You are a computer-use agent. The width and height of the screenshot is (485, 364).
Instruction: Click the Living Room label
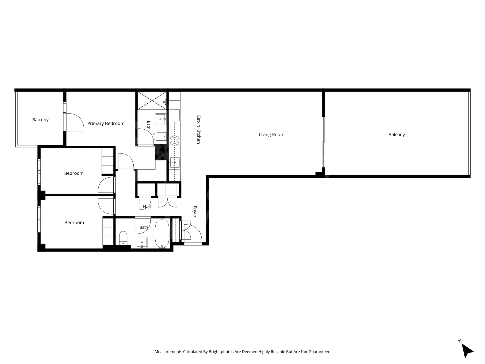point(272,135)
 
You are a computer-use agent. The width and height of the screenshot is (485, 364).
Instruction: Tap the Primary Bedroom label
point(106,124)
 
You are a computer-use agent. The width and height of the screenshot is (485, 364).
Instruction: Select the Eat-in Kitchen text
point(199,130)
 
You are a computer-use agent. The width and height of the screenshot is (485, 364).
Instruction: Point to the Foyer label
point(195,212)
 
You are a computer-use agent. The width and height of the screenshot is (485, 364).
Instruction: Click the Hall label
point(147,207)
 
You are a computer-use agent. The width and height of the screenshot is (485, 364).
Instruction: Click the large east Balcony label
point(397,135)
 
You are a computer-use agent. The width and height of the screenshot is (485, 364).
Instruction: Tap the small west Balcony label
point(40,120)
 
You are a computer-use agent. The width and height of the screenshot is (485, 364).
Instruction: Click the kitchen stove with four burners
point(175,141)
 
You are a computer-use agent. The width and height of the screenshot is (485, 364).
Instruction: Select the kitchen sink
point(175,162)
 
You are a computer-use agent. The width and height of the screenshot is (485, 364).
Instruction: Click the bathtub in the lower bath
point(162,234)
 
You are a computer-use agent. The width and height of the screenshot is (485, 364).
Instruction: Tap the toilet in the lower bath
point(123,238)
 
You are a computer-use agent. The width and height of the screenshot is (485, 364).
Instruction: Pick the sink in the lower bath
point(142,243)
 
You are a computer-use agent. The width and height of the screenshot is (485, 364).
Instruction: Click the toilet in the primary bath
point(160,137)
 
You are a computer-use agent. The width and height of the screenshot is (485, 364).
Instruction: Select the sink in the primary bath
point(160,119)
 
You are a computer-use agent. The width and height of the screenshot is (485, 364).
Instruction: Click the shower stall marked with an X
point(152,101)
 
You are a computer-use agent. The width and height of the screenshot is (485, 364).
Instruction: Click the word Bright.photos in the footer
point(221,352)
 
